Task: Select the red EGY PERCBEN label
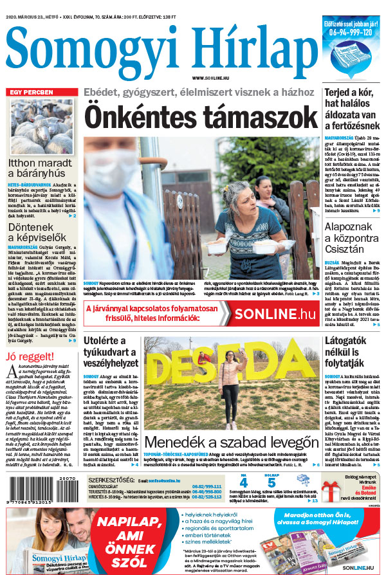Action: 32,92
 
